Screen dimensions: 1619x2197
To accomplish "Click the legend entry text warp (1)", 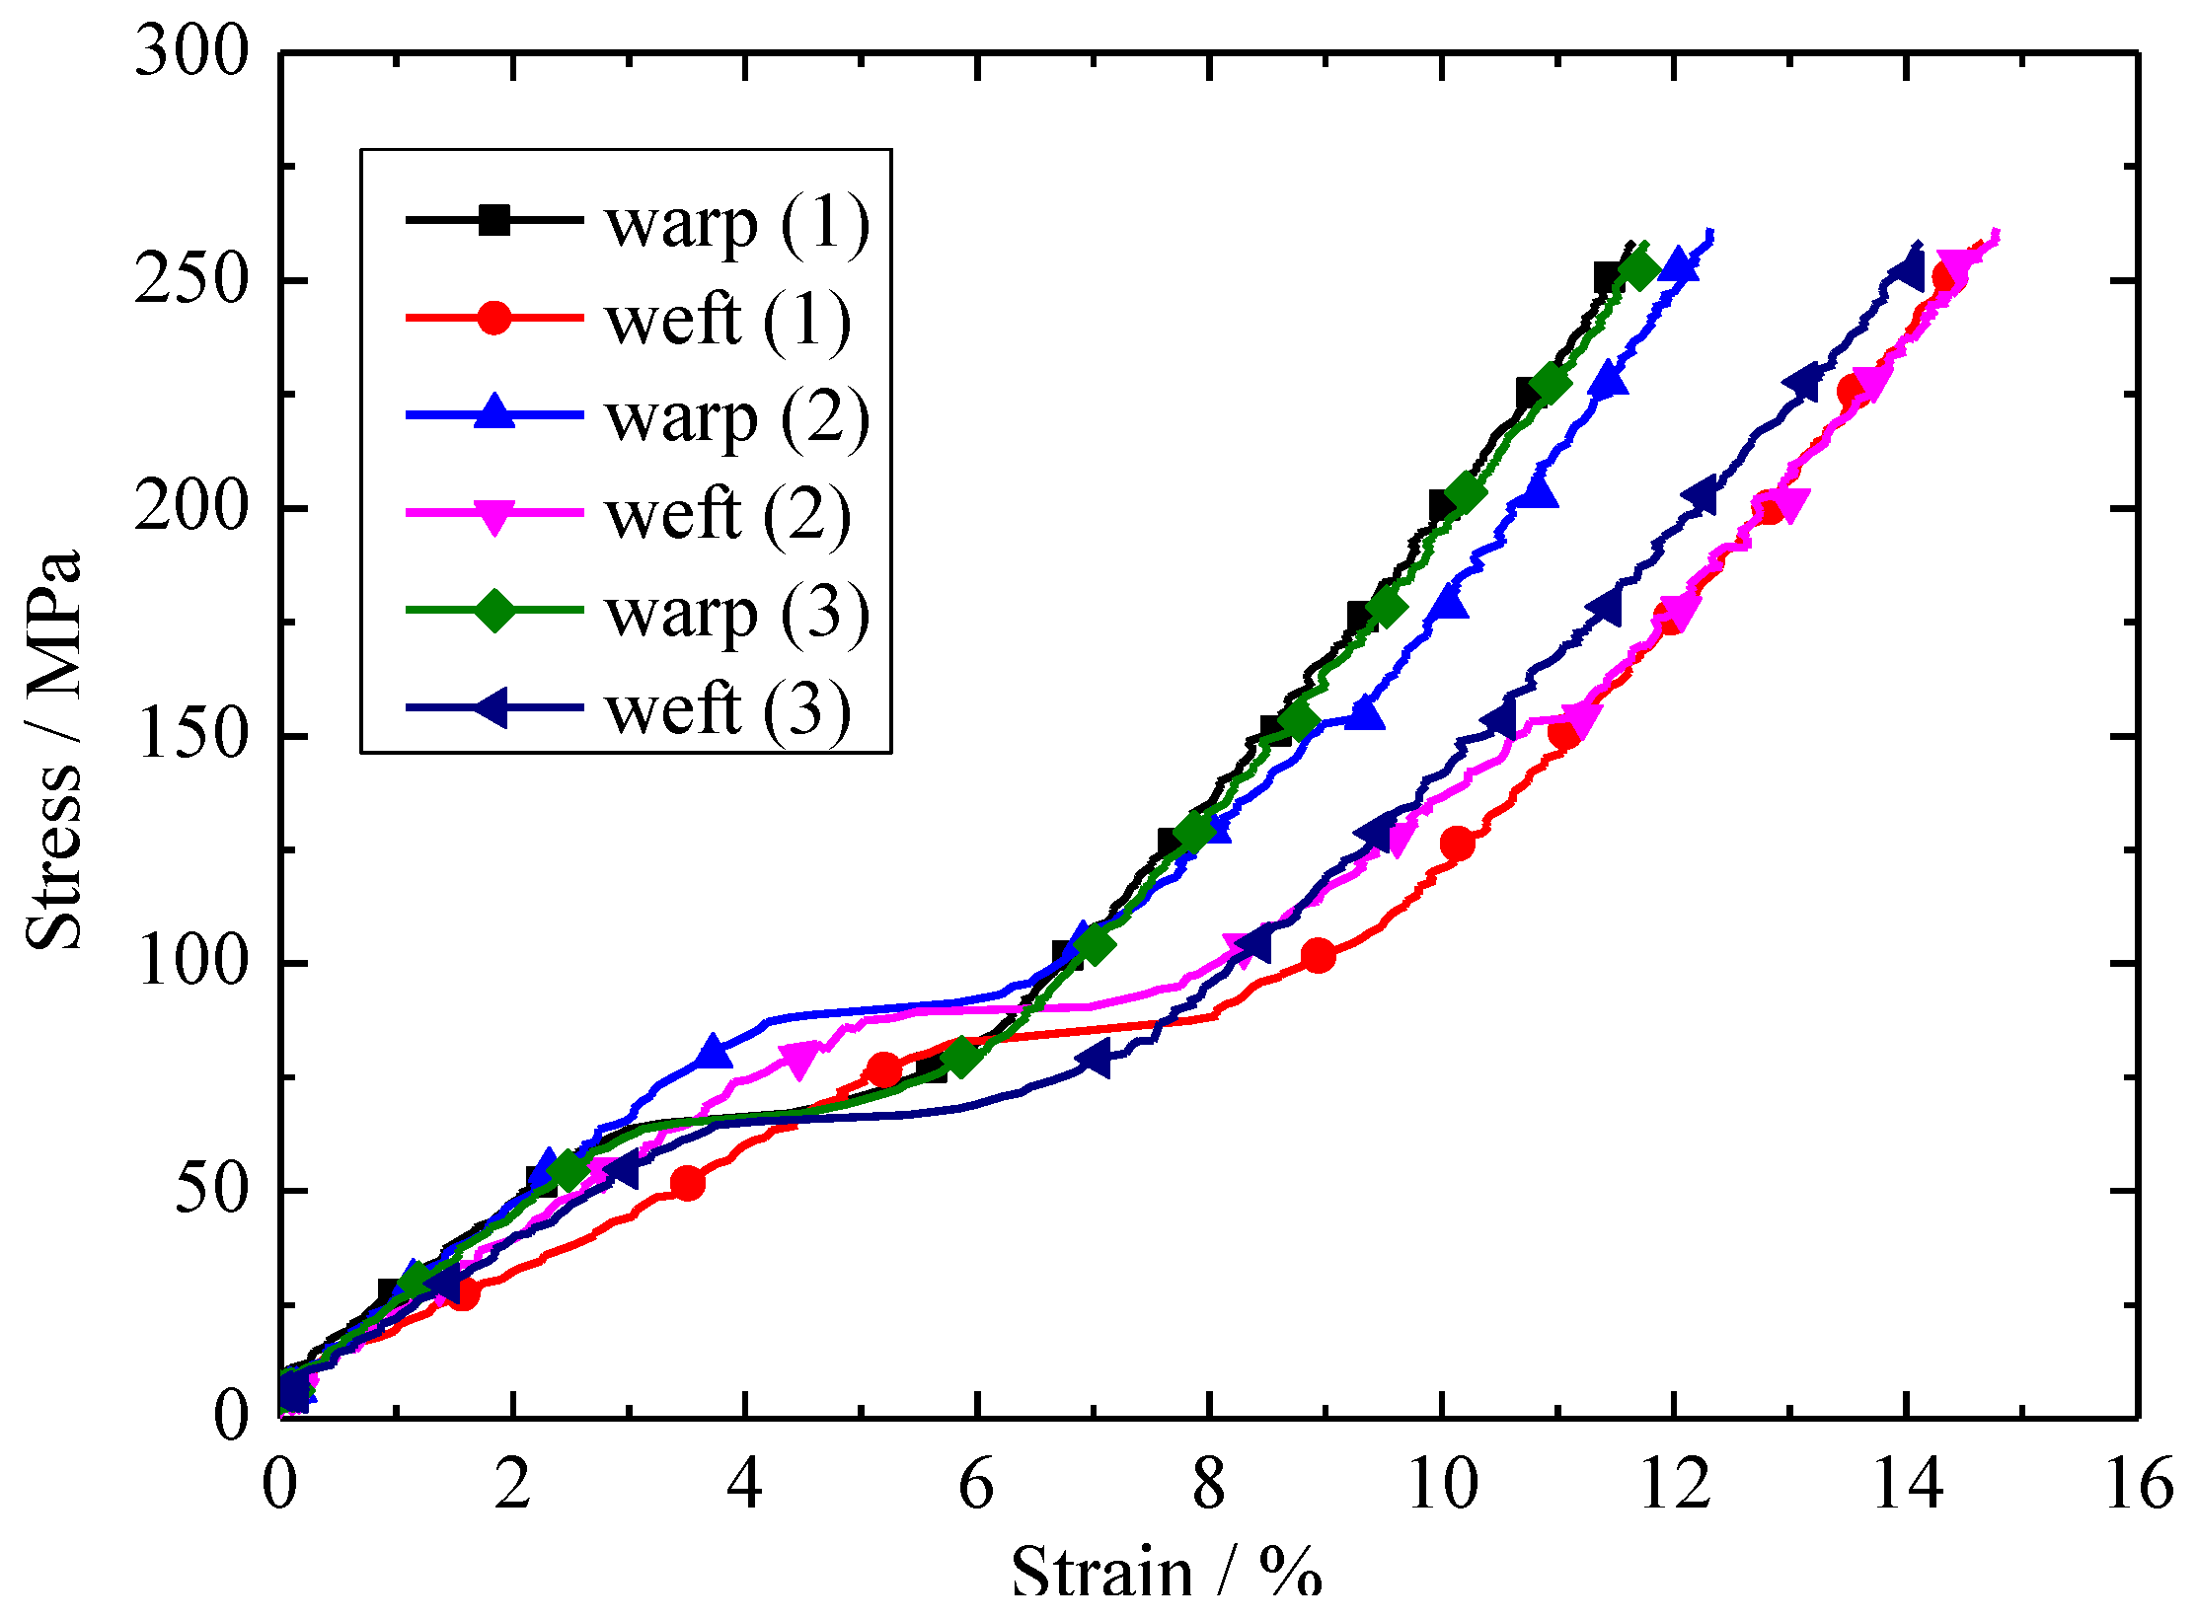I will pyautogui.click(x=736, y=224).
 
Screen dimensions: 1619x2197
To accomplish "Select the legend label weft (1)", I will pyautogui.click(x=727, y=321).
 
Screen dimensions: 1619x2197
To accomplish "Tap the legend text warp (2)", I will pyautogui.click(x=736, y=418).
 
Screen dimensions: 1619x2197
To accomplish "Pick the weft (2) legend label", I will pyautogui.click(x=727, y=515).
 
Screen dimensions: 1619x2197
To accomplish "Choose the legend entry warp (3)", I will pyautogui.click(x=736, y=613).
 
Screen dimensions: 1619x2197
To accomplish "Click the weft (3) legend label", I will pyautogui.click(x=727, y=709).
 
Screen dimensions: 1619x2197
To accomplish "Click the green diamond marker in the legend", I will pyautogui.click(x=494, y=610).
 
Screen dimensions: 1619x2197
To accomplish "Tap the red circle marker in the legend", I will pyautogui.click(x=494, y=318).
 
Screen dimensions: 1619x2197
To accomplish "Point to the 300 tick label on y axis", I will pyautogui.click(x=193, y=51).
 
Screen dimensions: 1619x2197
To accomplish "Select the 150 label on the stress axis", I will pyautogui.click(x=193, y=735).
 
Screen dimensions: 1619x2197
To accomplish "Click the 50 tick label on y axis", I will pyautogui.click(x=211, y=1190).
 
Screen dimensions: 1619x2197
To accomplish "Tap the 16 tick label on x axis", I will pyautogui.click(x=2138, y=1483).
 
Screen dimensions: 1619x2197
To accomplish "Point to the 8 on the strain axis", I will pyautogui.click(x=1209, y=1483).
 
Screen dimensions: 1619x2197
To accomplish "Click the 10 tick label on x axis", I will pyautogui.click(x=1442, y=1483).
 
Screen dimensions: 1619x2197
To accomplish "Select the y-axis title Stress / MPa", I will pyautogui.click(x=54, y=750).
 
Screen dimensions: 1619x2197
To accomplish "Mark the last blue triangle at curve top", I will pyautogui.click(x=1678, y=264).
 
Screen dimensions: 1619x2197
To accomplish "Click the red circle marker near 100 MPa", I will pyautogui.click(x=1318, y=955).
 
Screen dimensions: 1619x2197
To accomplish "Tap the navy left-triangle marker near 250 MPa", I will pyautogui.click(x=1906, y=269).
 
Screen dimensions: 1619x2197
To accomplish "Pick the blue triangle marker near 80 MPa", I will pyautogui.click(x=714, y=1052).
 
